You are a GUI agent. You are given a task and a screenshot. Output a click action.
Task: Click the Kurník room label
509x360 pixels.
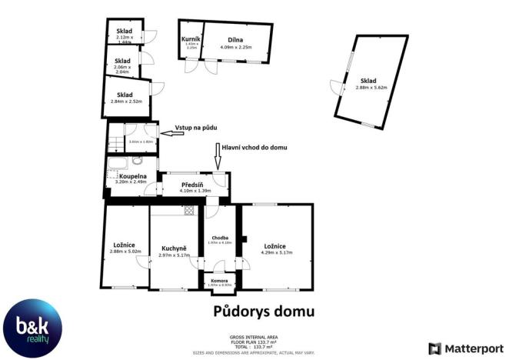pyautogui.click(x=191, y=38)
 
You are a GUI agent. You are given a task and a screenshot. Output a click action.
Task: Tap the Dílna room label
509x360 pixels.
pyautogui.click(x=236, y=39)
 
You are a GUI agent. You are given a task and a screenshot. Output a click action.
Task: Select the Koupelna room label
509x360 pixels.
pyautogui.click(x=132, y=176)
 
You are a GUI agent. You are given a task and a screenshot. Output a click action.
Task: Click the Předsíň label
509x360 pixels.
pyautogui.click(x=192, y=185)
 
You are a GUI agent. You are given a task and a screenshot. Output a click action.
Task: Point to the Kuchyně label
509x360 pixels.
pyautogui.click(x=175, y=248)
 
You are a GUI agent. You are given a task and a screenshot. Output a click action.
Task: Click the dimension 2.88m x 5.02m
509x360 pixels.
pyautogui.click(x=126, y=251)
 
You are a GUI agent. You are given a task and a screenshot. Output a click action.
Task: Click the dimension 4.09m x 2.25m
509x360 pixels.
pyautogui.click(x=236, y=48)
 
